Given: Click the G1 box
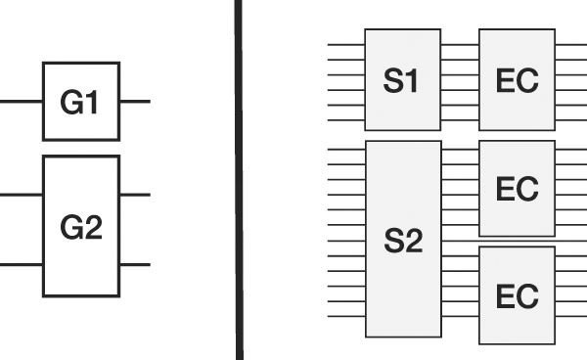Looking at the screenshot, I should point(80,102).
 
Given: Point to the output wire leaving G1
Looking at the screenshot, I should point(135,102).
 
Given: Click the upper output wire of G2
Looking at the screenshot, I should point(135,195).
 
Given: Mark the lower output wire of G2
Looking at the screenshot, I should point(135,264).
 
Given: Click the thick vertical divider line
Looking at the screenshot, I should point(238,180).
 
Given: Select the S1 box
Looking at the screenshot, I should point(402,79).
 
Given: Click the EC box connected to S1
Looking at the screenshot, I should point(517,79).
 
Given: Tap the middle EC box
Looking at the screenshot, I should point(517,188).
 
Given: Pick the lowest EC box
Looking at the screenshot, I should point(517,294).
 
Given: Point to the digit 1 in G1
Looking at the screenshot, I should point(93,103).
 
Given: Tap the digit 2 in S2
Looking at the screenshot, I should point(413,243).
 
